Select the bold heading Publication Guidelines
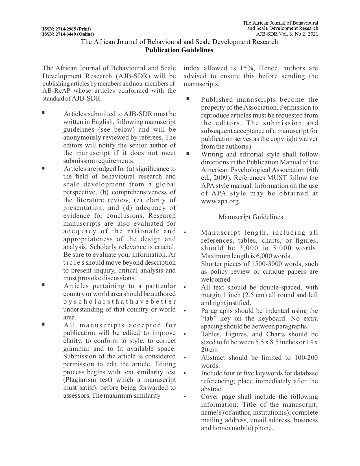pyautogui.click(x=179, y=50)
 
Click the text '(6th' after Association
pyautogui.click(x=312, y=170)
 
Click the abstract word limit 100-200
pyautogui.click(x=306, y=358)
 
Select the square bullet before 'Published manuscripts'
pyautogui.click(x=188, y=99)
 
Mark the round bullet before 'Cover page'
pyautogui.click(x=185, y=397)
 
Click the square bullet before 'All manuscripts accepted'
pyautogui.click(x=43, y=324)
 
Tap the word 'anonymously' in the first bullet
pyautogui.click(x=80, y=138)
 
